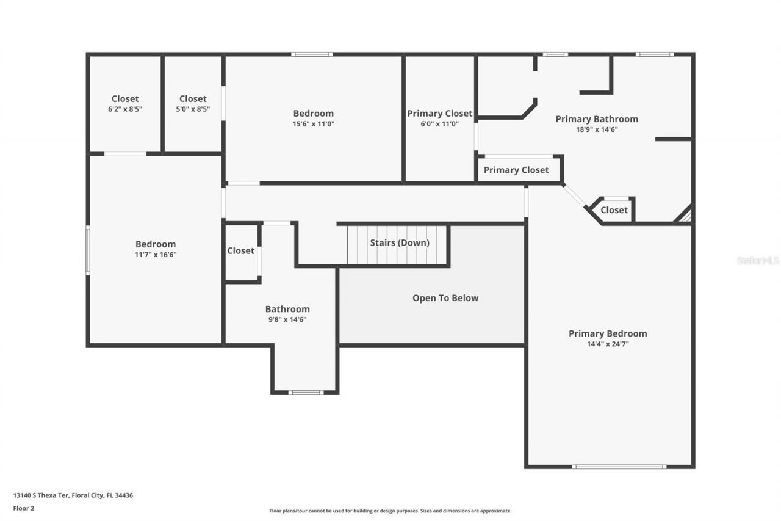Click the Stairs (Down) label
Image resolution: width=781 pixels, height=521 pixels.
pos(400,243)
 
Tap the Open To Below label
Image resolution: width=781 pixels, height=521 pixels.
pos(445,298)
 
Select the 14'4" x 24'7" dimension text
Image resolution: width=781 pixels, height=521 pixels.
pos(607,344)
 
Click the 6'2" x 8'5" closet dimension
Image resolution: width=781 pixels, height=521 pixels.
pos(125,109)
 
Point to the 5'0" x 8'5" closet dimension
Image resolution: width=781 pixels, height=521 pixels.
pos(193,109)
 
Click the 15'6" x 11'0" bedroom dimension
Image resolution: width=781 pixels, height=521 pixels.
pos(314,123)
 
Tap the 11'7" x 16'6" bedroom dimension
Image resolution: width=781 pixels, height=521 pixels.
pos(156,255)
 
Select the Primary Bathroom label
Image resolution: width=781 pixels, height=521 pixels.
pos(597,119)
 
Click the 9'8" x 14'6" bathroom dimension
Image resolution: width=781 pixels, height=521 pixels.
pos(287,319)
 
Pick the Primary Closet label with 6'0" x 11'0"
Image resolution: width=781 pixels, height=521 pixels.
pos(440,114)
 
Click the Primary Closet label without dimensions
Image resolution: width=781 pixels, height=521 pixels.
pos(516,170)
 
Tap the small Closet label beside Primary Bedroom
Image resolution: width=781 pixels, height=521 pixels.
pos(614,210)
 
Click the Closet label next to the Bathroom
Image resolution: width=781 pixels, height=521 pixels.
pos(241,251)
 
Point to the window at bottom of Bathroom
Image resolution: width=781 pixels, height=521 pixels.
pos(306,392)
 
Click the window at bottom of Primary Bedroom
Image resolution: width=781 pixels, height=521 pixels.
pos(619,467)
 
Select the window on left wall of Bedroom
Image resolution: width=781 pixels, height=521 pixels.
pos(88,250)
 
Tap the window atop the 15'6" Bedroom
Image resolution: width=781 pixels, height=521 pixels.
pos(312,54)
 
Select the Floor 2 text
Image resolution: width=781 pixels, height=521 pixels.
pos(24,508)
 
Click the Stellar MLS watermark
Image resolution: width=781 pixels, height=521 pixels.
pos(758,260)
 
